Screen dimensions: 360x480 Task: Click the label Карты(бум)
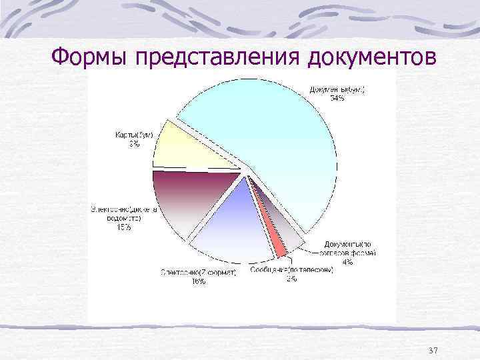(x=134, y=135)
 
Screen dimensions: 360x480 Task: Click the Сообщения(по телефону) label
(x=291, y=271)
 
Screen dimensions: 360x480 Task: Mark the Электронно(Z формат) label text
(x=198, y=273)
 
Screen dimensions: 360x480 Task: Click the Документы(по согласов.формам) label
(x=349, y=249)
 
